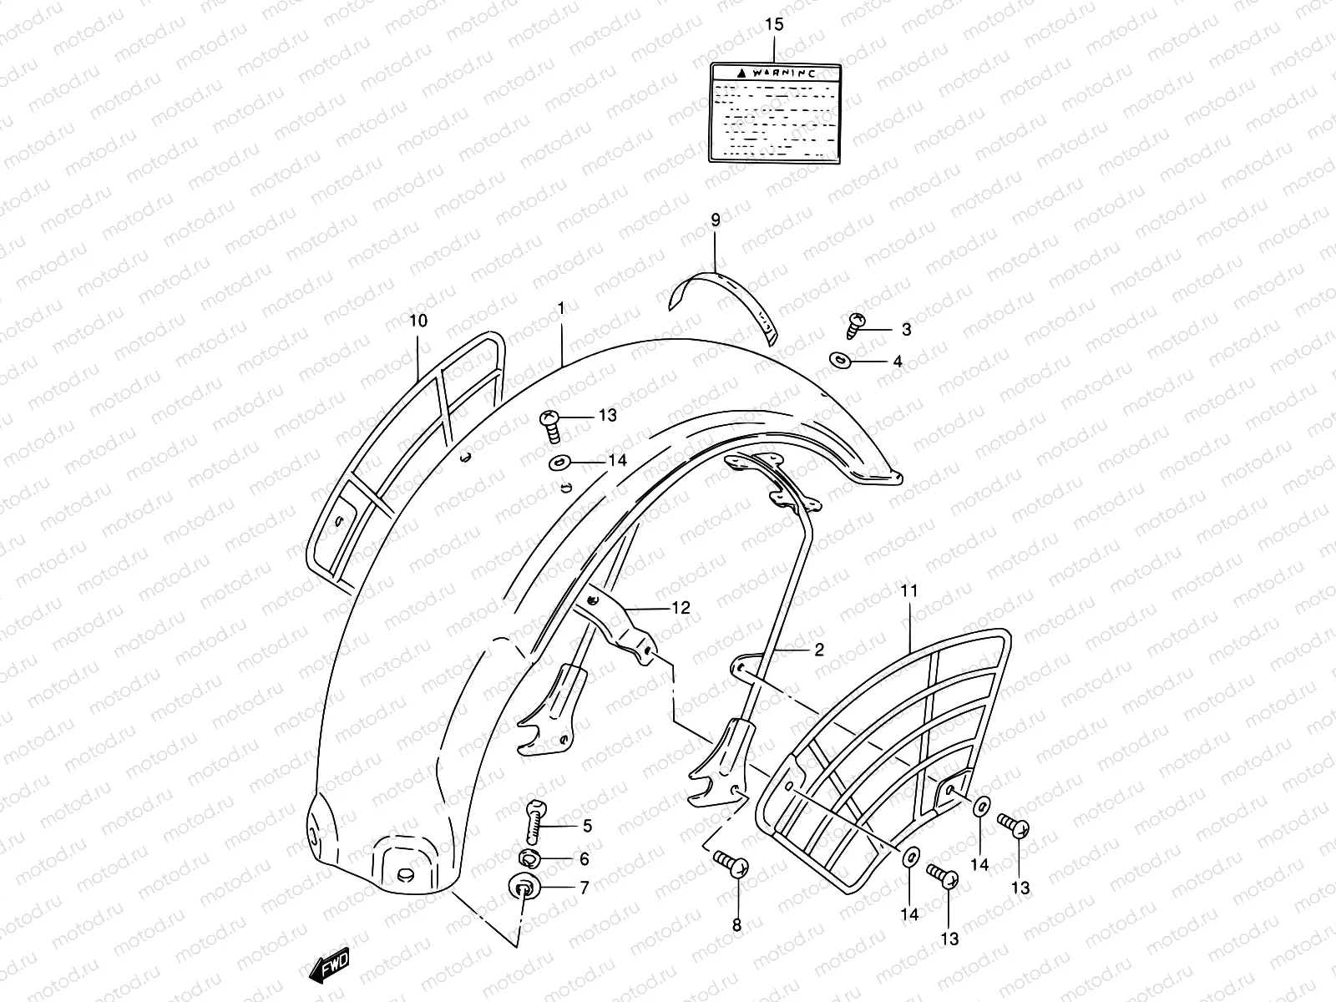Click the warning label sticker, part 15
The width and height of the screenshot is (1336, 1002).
pos(774,112)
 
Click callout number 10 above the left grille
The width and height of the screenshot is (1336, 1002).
pos(418,321)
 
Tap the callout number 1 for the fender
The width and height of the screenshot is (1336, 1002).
pos(562,309)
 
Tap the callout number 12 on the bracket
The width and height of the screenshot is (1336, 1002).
pos(681,607)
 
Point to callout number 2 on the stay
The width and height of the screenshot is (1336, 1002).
pos(818,649)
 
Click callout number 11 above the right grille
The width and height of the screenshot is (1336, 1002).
pos(909,591)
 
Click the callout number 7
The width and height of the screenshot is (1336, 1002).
pos(584,888)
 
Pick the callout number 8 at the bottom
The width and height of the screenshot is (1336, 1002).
pos(736,924)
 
